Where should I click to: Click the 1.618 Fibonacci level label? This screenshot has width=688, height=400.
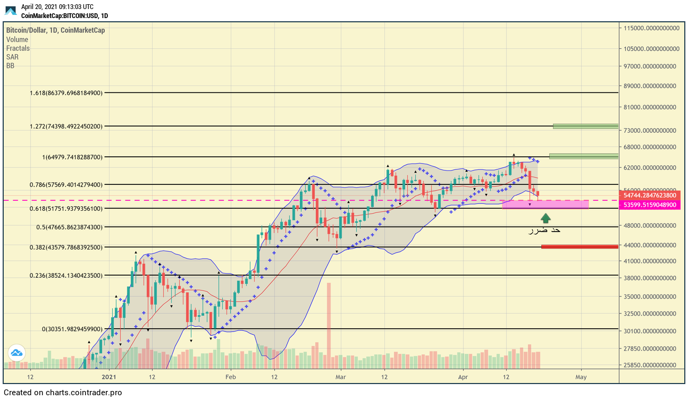click(66, 92)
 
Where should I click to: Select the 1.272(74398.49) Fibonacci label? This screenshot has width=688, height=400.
click(66, 126)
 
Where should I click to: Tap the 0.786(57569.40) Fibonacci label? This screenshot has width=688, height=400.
click(66, 185)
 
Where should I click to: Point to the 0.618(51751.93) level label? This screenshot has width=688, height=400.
click(66, 208)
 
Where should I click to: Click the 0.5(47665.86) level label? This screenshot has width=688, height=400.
click(69, 227)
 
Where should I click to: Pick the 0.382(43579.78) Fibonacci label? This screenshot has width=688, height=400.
click(66, 247)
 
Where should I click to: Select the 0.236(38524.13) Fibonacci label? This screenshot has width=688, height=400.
click(66, 275)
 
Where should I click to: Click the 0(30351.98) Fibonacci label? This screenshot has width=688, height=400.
click(72, 329)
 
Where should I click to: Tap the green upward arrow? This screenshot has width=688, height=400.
click(546, 218)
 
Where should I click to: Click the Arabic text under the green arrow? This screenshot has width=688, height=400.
click(544, 230)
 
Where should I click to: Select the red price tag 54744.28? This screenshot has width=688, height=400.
click(650, 195)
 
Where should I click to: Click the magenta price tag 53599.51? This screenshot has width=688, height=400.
click(650, 205)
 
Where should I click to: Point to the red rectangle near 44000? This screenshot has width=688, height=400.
click(580, 246)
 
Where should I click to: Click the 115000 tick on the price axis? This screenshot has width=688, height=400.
click(652, 28)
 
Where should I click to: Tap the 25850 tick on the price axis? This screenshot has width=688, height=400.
click(652, 365)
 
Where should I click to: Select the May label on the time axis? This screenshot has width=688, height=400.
click(581, 377)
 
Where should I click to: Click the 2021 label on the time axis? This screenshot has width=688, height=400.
click(109, 377)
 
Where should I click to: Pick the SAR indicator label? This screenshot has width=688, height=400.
click(12, 57)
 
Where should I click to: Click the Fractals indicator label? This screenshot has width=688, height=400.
click(18, 48)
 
